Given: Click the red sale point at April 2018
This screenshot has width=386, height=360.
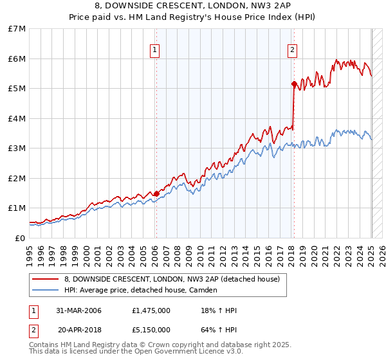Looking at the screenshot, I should click(294, 84).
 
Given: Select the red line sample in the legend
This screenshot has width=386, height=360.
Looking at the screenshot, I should click(45, 280).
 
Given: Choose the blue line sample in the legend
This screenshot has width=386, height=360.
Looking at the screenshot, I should click(45, 291).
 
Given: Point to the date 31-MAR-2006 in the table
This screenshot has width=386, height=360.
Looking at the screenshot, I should click(79, 310).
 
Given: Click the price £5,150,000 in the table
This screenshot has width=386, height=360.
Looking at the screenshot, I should click(151, 330).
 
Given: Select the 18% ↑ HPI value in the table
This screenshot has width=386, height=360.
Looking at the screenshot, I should click(219, 310).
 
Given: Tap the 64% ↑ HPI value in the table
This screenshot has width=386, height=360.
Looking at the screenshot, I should click(219, 330).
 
